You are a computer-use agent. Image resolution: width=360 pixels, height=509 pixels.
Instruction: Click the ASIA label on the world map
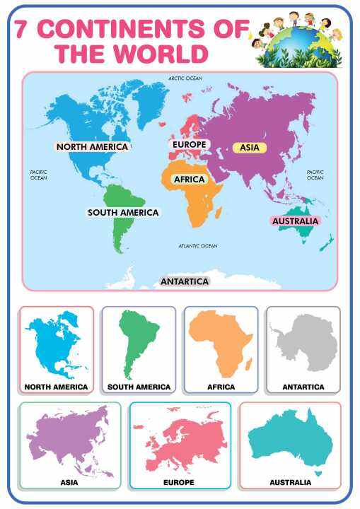[x=250, y=148]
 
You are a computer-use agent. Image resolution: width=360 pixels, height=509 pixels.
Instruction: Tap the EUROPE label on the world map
[x=190, y=144]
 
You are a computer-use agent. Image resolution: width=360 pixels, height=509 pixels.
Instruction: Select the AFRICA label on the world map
[x=190, y=180]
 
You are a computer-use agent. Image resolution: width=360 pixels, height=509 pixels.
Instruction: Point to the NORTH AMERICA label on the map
[x=93, y=147]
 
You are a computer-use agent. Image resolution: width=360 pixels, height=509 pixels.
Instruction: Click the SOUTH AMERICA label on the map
[x=123, y=212]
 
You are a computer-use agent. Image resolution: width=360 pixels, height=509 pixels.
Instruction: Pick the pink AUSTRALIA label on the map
[x=296, y=221]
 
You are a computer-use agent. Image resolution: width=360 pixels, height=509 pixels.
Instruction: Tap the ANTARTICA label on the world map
[x=185, y=281]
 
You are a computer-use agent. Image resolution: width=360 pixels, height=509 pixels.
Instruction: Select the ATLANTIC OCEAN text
[x=197, y=246]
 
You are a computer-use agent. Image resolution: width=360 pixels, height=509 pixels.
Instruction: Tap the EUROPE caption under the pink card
[x=178, y=482]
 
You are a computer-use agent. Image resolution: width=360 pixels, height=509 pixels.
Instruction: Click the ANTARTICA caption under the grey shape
[x=303, y=387]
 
